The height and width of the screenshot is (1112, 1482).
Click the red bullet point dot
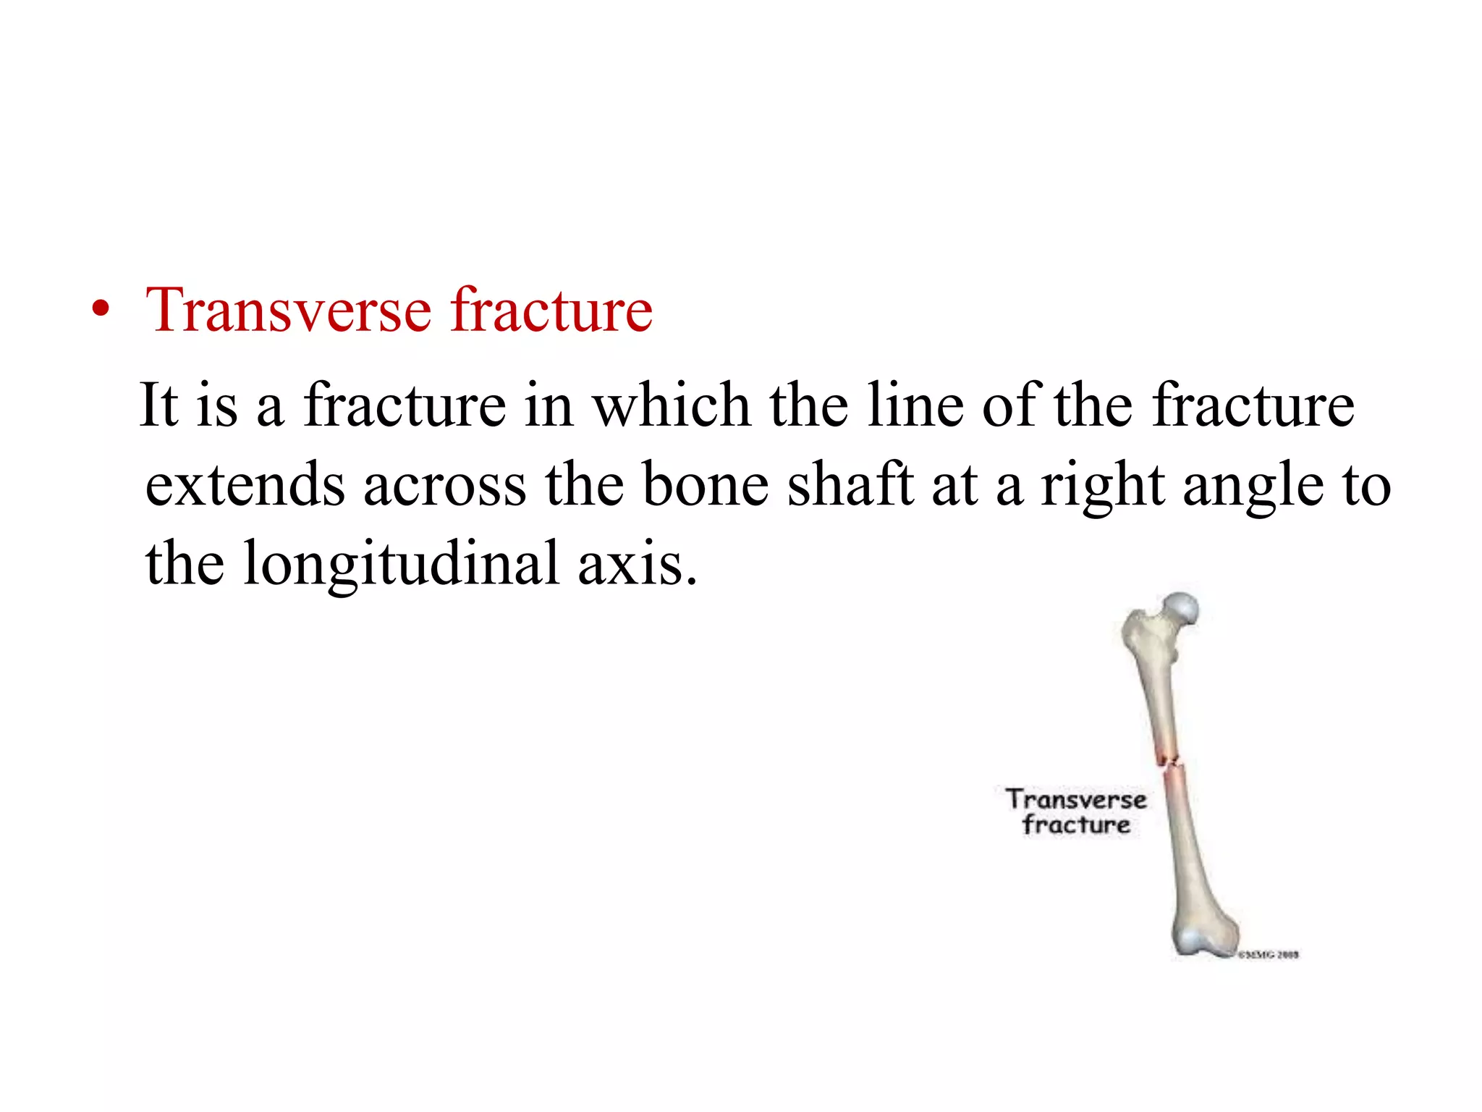[101, 311]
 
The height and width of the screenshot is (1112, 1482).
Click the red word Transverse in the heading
[289, 311]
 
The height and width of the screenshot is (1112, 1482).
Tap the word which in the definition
[672, 405]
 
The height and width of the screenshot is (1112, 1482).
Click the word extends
[245, 485]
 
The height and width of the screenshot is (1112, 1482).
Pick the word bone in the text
[706, 485]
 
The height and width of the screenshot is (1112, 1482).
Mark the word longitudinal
[402, 565]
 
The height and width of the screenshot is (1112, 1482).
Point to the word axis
[637, 565]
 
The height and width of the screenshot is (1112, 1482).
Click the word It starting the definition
[158, 405]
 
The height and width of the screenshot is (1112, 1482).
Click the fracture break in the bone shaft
[1170, 762]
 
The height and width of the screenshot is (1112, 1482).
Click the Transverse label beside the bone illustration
[1076, 800]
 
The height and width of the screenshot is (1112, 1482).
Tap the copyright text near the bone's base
[1268, 955]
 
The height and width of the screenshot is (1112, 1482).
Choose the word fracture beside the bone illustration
[1076, 825]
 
